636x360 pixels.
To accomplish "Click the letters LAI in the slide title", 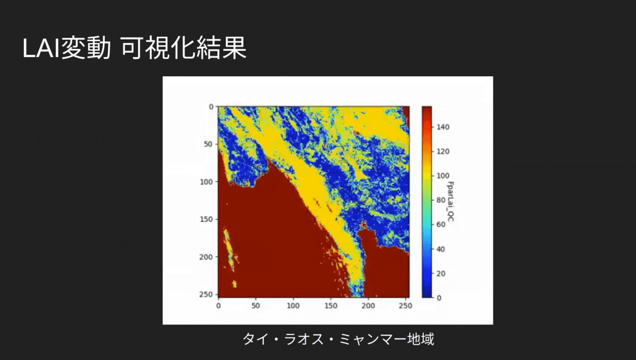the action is [41, 48].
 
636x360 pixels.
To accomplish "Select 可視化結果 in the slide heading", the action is [183, 48].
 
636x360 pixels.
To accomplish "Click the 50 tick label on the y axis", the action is [208, 144].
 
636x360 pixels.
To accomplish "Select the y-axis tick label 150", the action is [206, 219].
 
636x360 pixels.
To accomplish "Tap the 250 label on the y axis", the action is [206, 295].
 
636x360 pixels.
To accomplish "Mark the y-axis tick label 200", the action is [206, 257].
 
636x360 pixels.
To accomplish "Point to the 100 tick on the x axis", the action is [293, 306].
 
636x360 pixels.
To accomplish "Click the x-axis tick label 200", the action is [368, 306].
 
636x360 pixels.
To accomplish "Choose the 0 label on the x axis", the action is [218, 306].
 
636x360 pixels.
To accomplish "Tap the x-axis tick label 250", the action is [405, 306].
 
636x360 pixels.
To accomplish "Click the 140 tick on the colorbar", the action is [443, 127].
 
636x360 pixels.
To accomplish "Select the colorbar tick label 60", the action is [441, 225].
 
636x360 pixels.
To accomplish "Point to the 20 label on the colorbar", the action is [441, 273].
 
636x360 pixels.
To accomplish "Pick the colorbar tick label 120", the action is [443, 152].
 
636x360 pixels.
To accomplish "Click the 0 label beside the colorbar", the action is [439, 298].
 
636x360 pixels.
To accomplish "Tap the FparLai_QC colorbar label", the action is [450, 201].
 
